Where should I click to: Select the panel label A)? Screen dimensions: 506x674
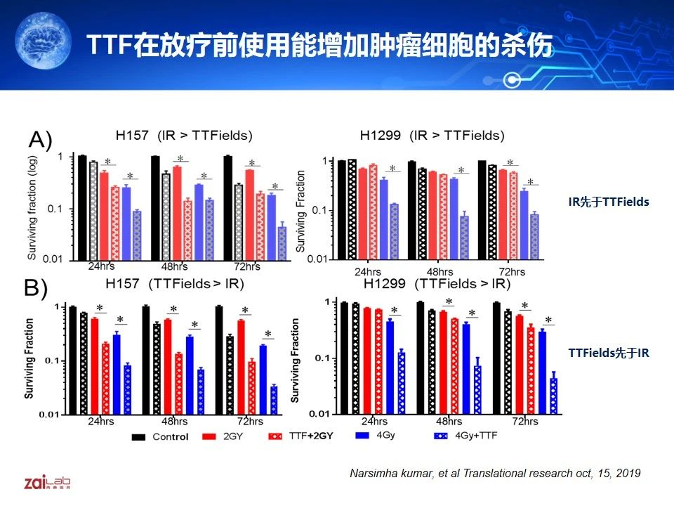(41, 141)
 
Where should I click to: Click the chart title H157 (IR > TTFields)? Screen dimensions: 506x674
(184, 136)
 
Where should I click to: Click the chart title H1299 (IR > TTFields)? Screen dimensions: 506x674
(432, 136)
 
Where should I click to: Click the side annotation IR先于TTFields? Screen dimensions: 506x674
(609, 202)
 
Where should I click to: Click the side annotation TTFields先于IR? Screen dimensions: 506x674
(609, 353)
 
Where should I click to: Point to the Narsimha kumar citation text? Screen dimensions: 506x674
(495, 473)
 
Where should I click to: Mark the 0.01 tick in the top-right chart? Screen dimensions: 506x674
(319, 259)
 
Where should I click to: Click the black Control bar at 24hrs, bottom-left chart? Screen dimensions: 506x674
(72, 360)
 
